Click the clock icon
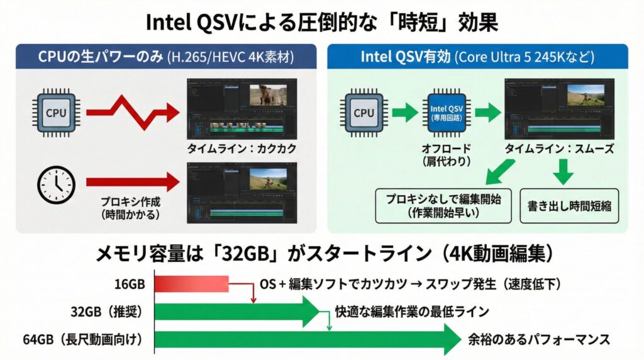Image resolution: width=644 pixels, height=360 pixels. point(57,184)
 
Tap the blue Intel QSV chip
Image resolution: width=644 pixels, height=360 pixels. point(447,113)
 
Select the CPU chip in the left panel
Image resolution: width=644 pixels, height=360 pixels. point(57,113)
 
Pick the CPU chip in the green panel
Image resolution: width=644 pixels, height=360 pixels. point(364,113)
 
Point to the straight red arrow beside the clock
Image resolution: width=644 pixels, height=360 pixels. point(132,183)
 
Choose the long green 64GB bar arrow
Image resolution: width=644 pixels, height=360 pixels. point(308,340)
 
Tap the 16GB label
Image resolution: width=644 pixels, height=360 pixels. point(130,284)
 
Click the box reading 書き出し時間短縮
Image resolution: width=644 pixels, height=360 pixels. point(569,205)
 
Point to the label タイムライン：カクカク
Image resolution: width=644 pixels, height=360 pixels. point(241,150)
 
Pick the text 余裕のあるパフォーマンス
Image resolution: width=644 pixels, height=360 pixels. point(539,340)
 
